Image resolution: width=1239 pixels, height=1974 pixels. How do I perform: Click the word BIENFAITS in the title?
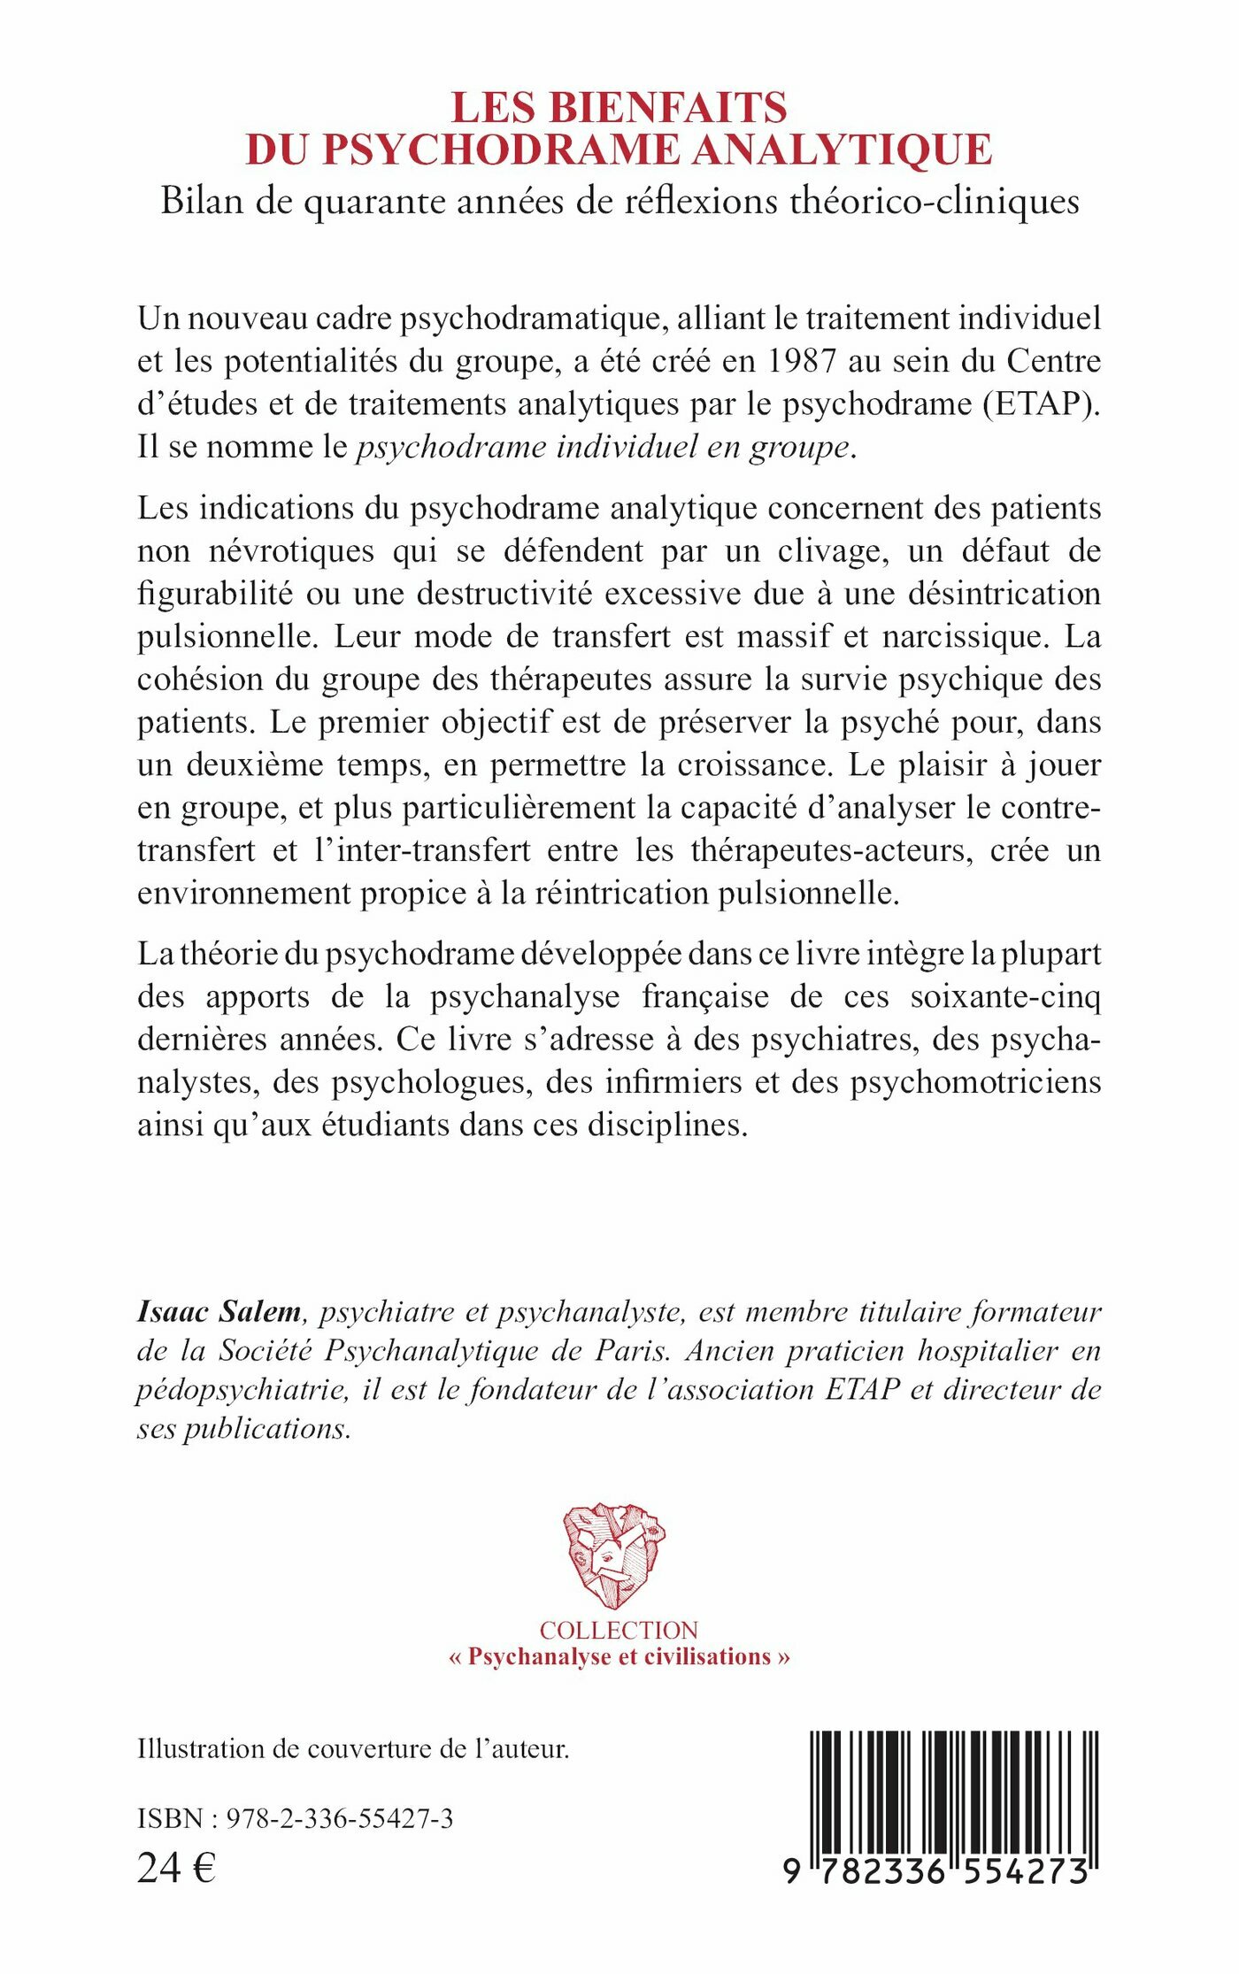pyautogui.click(x=668, y=108)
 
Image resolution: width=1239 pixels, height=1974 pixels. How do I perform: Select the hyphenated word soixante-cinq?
pyautogui.click(x=1005, y=997)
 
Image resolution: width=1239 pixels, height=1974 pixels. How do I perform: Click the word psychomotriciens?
pyautogui.click(x=976, y=1083)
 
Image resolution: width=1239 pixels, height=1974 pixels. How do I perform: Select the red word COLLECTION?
pyautogui.click(x=619, y=1630)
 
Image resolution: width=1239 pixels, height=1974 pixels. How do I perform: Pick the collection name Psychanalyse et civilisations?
pyautogui.click(x=619, y=1657)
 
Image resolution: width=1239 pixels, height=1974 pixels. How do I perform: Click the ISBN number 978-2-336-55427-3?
pyautogui.click(x=340, y=1819)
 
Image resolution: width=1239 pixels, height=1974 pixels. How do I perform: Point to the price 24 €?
pyautogui.click(x=176, y=1869)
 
